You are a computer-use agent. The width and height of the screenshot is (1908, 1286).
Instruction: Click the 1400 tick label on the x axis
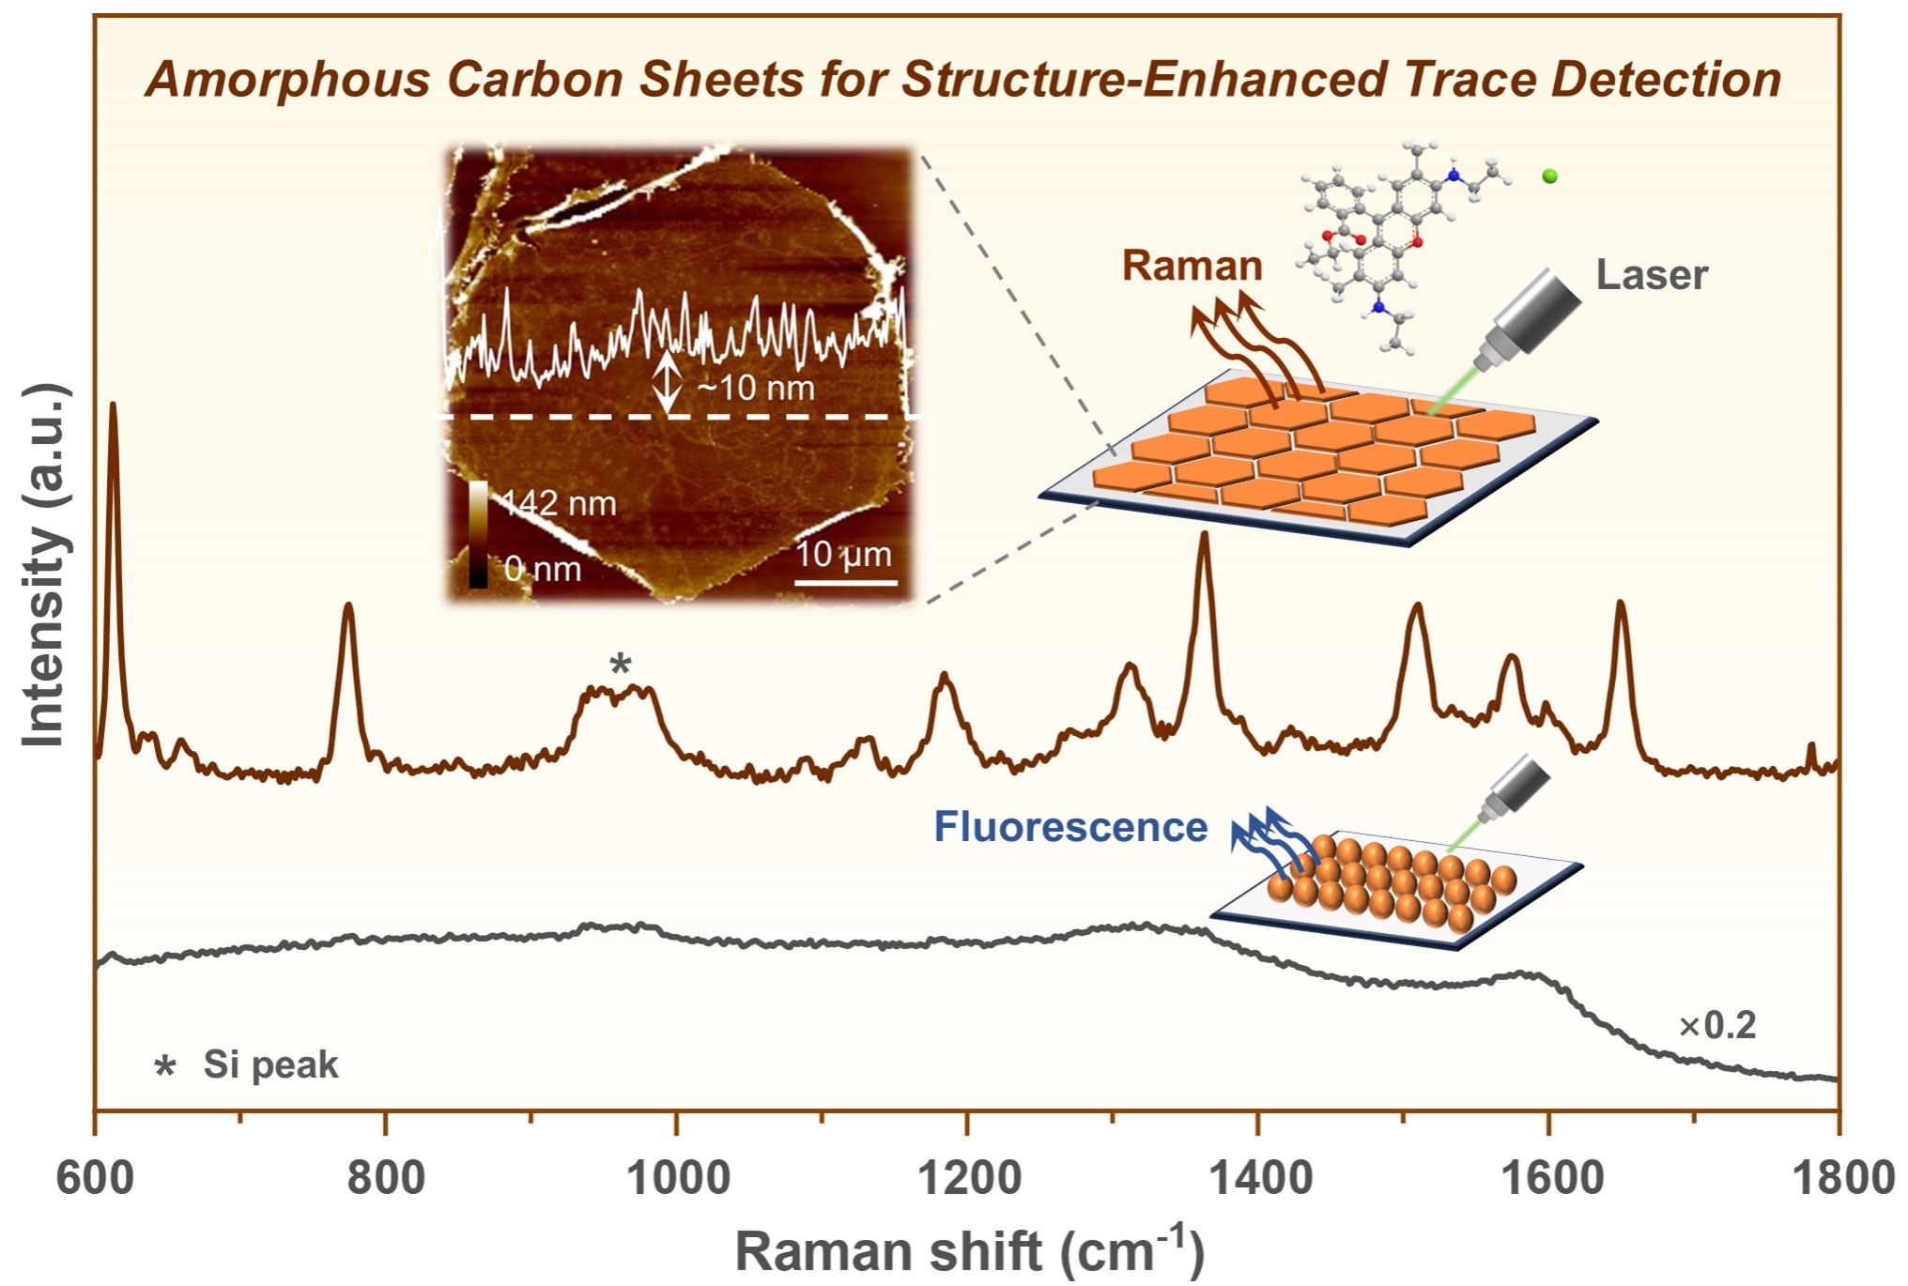[x=1258, y=1177]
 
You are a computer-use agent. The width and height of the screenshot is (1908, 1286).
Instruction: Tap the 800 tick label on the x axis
[x=385, y=1177]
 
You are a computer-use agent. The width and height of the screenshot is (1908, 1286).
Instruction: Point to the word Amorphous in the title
[x=286, y=79]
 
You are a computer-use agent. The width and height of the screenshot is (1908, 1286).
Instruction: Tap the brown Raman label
[x=1192, y=266]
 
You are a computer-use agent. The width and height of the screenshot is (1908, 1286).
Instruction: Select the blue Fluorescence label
[x=1069, y=827]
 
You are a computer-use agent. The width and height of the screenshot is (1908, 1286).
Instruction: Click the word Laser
[x=1652, y=275]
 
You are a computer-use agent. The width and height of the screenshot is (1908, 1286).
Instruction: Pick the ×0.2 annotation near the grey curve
[x=1717, y=1026]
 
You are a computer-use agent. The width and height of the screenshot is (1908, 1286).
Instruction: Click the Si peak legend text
[x=270, y=1064]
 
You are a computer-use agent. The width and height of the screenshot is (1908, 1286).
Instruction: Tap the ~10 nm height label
[x=757, y=388]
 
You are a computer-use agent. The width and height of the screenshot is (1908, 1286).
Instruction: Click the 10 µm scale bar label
[x=844, y=555]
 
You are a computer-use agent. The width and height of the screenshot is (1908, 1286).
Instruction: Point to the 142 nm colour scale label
[x=559, y=504]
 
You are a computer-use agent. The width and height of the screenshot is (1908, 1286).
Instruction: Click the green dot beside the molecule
[x=1549, y=176]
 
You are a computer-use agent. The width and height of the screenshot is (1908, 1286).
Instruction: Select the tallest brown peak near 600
[x=114, y=406]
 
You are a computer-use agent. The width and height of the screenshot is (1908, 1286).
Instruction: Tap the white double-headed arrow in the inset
[x=667, y=383]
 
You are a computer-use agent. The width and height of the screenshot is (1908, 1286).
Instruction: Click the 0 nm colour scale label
[x=542, y=569]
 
